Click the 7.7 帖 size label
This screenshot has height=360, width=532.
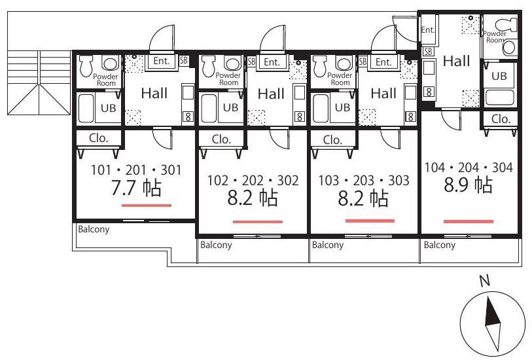(136, 188)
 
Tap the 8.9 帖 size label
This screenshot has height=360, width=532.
(469, 185)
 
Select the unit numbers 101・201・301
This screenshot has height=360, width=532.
(136, 170)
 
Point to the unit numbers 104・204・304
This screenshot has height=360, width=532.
(469, 168)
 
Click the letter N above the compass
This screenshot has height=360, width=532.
(485, 281)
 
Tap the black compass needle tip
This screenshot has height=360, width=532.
(488, 298)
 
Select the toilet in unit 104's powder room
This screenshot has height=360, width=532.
(506, 24)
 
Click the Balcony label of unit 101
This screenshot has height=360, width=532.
(94, 229)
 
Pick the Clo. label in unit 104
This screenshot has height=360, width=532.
(501, 119)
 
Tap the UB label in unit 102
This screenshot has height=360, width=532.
(230, 107)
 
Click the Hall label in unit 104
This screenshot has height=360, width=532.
(456, 61)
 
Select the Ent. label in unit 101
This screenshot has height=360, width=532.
(161, 61)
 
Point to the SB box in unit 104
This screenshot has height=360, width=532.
(428, 51)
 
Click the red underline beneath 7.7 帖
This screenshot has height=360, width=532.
(147, 206)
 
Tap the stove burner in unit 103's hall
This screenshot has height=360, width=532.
(410, 117)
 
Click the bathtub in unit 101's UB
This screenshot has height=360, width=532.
(86, 108)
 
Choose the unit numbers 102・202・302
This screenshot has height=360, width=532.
(253, 181)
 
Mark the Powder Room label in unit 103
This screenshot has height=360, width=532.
(340, 79)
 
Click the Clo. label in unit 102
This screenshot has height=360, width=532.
(221, 139)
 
